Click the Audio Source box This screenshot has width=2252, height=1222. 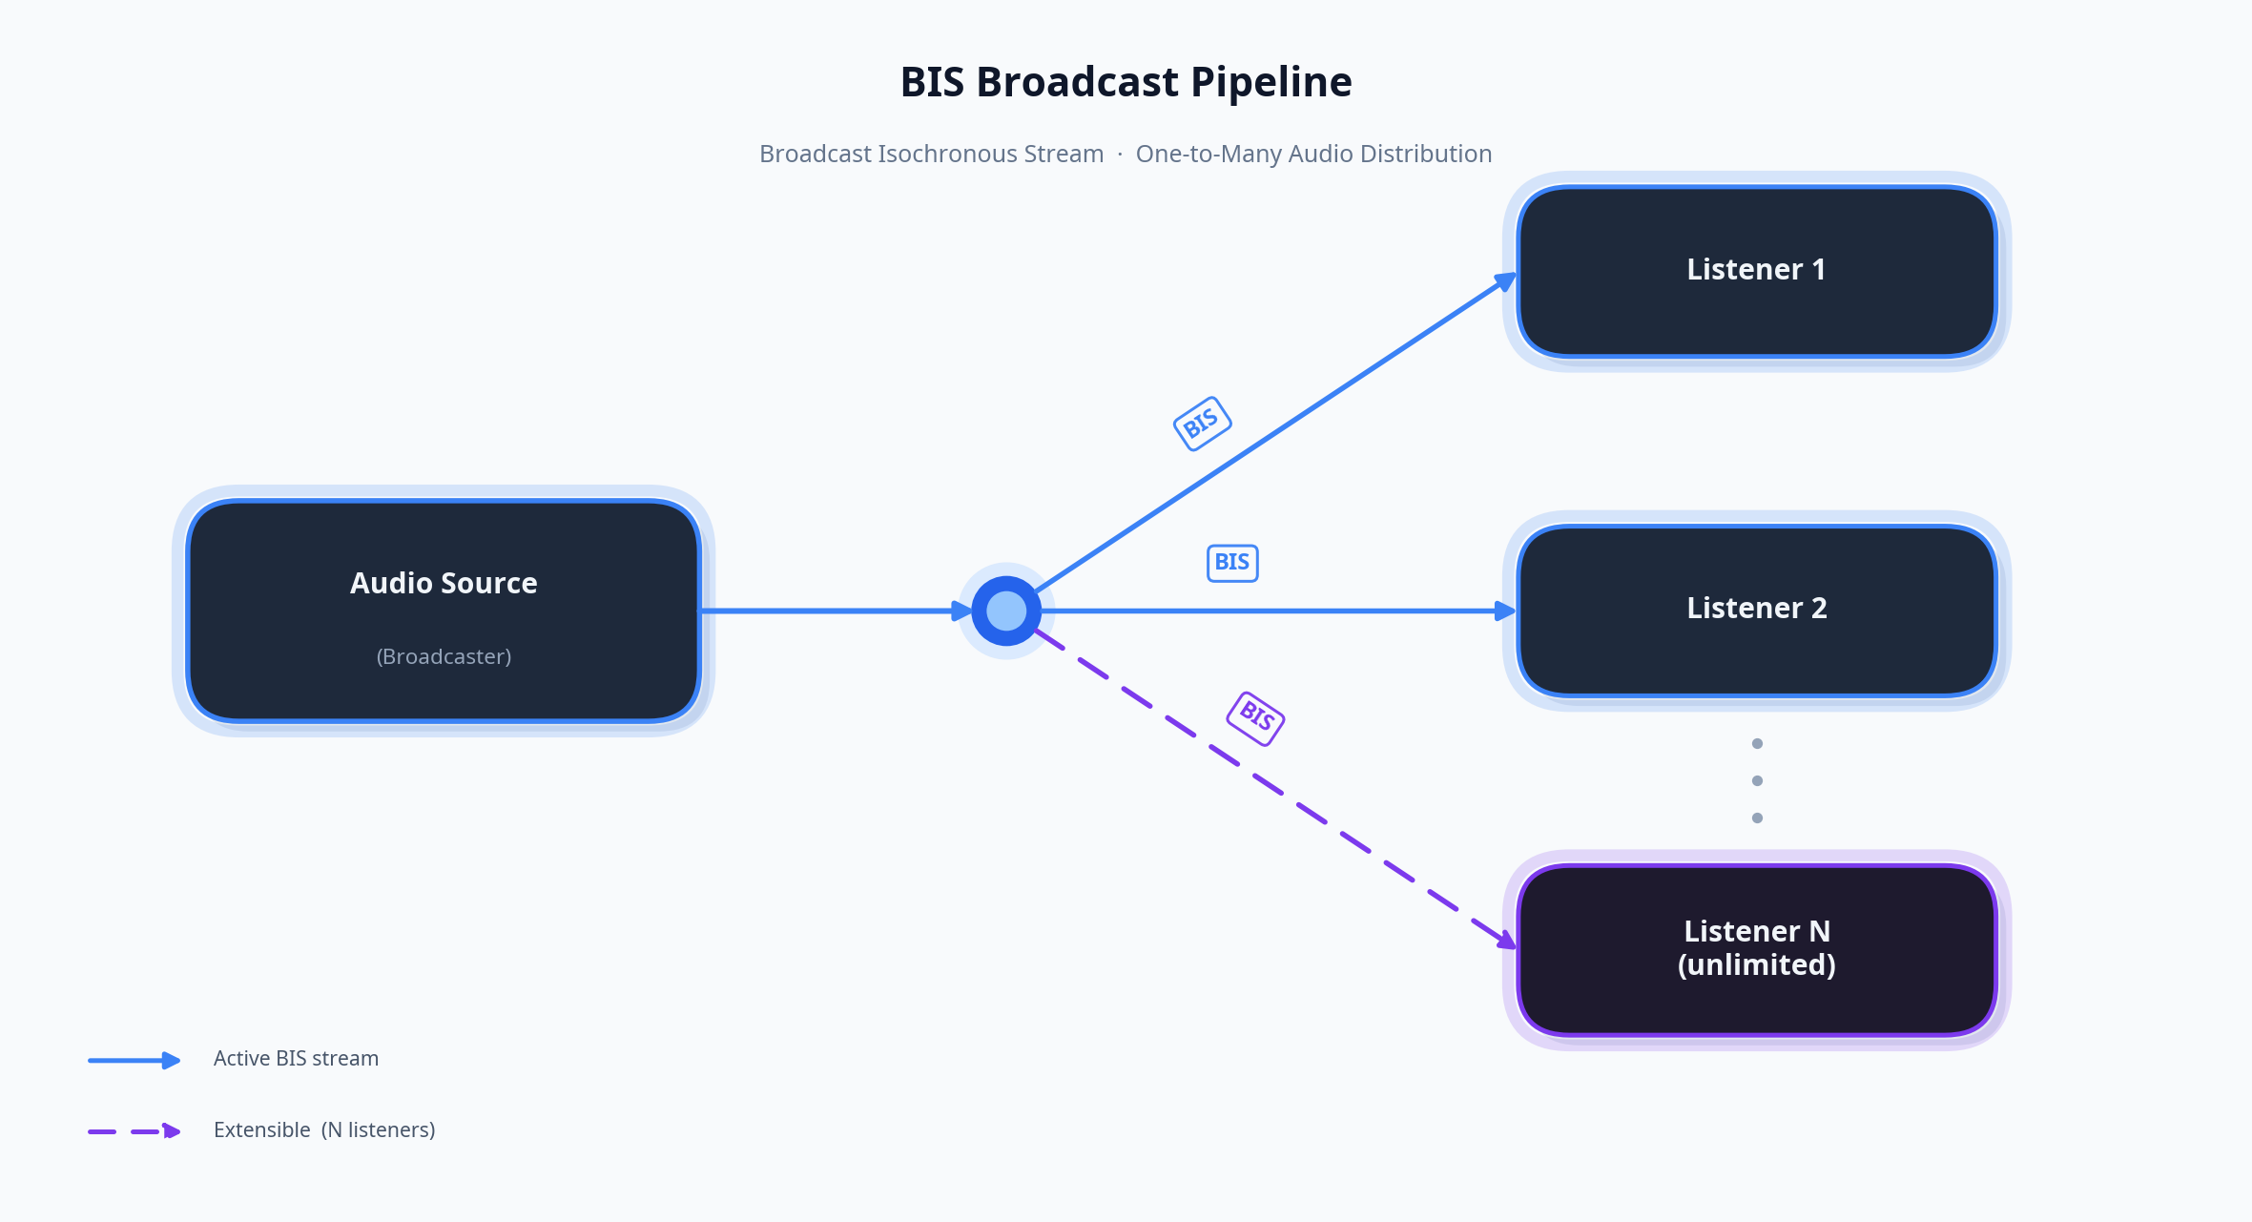[444, 611]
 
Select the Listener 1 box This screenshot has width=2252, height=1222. [1756, 271]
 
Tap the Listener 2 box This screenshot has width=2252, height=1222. [1756, 610]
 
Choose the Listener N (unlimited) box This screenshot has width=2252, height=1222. [1756, 949]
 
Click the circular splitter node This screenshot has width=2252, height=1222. [1006, 611]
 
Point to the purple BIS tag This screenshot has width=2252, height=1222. [1255, 717]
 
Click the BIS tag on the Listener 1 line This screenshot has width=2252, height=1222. [1202, 423]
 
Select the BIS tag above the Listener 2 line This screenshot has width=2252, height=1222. [1232, 563]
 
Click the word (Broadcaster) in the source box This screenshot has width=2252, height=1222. [444, 656]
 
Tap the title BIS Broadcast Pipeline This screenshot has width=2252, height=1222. [1126, 82]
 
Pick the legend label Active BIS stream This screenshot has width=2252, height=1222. [296, 1059]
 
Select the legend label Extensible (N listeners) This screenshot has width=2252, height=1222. [324, 1130]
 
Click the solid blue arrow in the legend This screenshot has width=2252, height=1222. [134, 1060]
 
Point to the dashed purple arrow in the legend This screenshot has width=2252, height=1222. [134, 1131]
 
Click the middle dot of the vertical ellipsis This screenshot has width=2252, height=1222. [1757, 780]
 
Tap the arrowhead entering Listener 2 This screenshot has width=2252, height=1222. [1505, 611]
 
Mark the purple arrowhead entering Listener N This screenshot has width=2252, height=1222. [1506, 941]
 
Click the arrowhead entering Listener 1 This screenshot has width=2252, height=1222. [1506, 280]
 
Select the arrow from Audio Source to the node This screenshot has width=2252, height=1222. [830, 611]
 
